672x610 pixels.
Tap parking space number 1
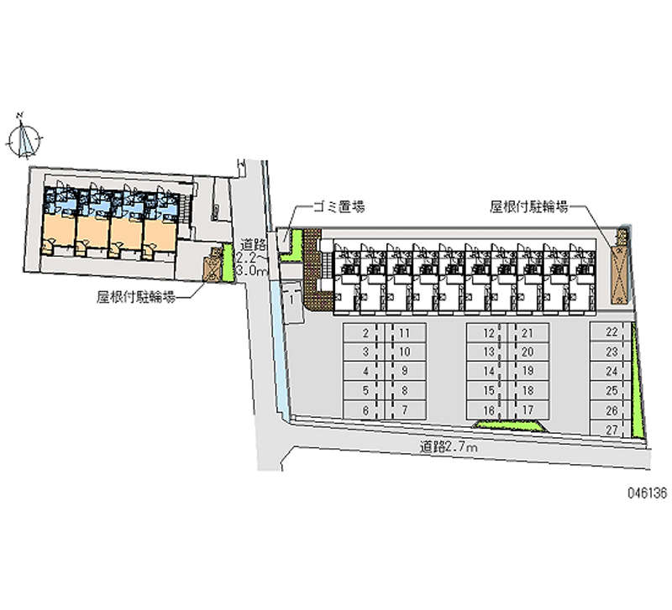(x=289, y=297)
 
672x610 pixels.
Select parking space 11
(x=405, y=333)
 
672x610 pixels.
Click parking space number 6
(x=366, y=409)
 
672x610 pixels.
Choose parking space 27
(x=612, y=429)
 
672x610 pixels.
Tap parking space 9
(x=405, y=371)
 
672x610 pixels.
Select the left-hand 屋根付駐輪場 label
(x=135, y=296)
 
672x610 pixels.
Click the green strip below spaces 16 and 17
(x=509, y=425)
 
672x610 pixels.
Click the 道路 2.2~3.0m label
(x=251, y=255)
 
